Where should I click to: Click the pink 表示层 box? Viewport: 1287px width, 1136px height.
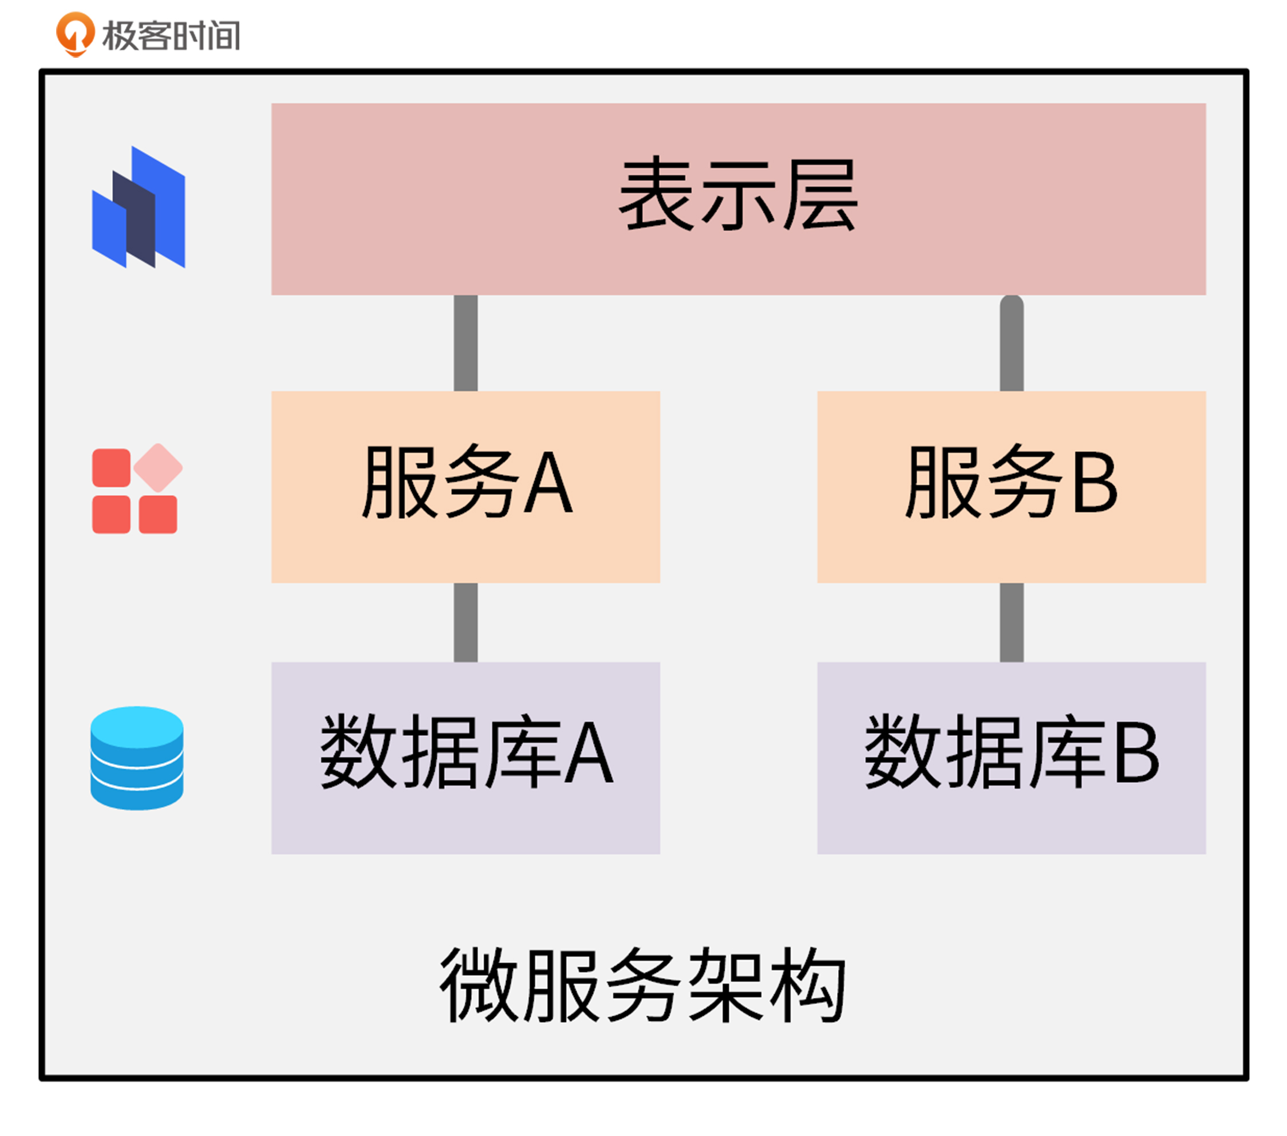click(x=738, y=199)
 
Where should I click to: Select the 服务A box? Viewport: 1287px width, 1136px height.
click(x=465, y=487)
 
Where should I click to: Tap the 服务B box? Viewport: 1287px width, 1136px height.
click(x=1011, y=487)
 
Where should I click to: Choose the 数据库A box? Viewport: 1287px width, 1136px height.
click(x=465, y=758)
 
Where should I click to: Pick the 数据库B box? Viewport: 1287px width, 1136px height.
click(x=1011, y=758)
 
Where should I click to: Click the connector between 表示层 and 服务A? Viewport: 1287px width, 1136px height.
click(x=465, y=343)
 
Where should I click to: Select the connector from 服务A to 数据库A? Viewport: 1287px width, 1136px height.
click(x=465, y=622)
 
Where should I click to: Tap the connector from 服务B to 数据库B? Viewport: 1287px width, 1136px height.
click(x=1011, y=622)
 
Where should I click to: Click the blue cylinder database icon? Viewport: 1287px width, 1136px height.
click(x=137, y=758)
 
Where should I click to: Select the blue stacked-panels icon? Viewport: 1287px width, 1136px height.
click(x=139, y=207)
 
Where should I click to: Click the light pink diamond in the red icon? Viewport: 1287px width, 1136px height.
click(x=158, y=468)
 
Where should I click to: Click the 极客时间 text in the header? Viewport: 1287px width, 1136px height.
click(x=171, y=35)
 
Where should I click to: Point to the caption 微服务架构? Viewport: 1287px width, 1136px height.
click(x=642, y=985)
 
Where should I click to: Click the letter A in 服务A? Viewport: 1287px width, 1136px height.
click(x=548, y=484)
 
